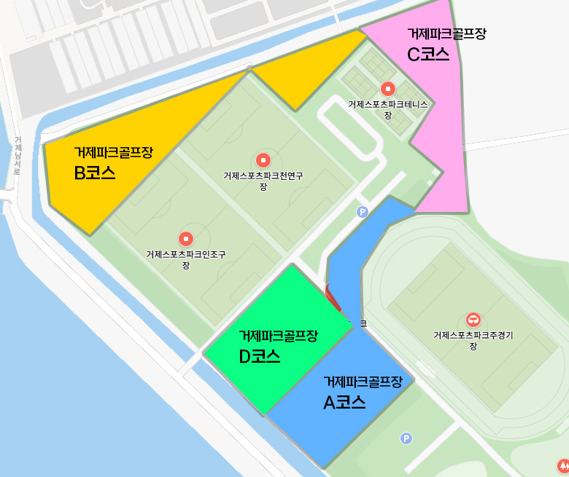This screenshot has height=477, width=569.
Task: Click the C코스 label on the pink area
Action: point(428,55)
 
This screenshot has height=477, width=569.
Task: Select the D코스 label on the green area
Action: point(260,357)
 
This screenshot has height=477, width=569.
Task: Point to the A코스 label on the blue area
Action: point(344,402)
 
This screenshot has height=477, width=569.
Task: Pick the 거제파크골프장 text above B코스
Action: point(113,152)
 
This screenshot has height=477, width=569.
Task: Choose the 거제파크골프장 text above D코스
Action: point(279,336)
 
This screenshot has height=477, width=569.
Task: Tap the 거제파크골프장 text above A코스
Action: point(363,382)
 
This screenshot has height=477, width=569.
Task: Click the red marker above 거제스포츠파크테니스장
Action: point(388,89)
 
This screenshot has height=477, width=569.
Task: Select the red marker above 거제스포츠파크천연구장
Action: point(263,160)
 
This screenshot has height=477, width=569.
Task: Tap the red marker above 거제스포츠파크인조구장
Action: point(186,238)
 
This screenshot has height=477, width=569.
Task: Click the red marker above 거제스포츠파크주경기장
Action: point(473,320)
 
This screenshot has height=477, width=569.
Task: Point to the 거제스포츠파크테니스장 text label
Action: point(388,109)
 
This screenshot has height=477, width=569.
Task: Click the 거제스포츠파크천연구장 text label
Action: point(263,181)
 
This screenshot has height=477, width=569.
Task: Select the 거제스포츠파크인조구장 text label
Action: point(186,259)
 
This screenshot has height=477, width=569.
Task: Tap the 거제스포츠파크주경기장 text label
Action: point(473,340)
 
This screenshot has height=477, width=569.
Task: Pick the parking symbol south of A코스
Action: point(406,438)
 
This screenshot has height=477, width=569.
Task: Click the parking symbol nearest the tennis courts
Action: point(362,212)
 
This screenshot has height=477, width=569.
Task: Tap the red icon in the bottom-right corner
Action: point(563,465)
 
